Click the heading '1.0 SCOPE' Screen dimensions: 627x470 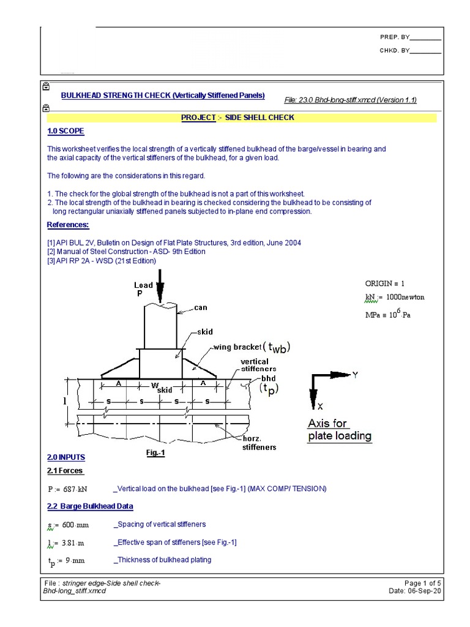click(x=65, y=131)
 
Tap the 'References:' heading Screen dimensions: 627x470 click(x=67, y=225)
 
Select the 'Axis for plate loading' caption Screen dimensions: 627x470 click(x=339, y=430)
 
